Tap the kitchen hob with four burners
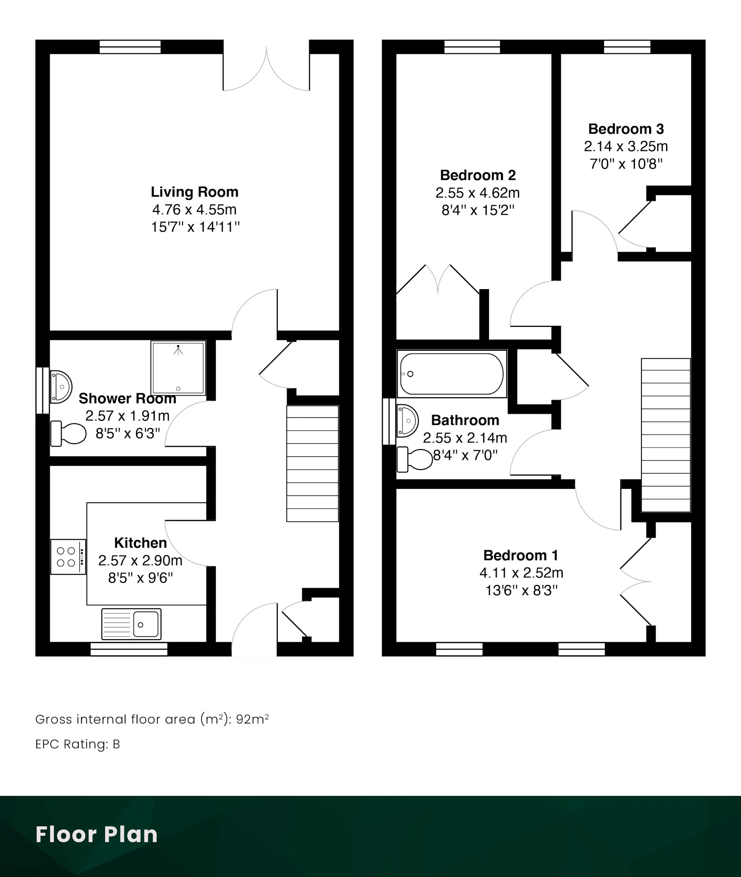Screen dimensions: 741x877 point(68,557)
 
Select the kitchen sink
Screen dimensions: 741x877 point(131,625)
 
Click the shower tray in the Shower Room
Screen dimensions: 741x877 point(178,368)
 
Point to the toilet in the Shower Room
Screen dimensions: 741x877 point(68,433)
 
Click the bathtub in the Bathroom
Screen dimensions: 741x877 point(452,374)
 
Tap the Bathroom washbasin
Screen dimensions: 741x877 point(407,421)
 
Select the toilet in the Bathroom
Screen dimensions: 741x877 point(414,459)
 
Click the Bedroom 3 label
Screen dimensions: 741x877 point(626,129)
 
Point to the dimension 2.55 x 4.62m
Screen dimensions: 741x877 point(478,193)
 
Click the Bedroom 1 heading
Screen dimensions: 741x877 point(521,555)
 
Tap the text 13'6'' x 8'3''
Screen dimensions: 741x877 point(521,591)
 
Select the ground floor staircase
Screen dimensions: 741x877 point(313,463)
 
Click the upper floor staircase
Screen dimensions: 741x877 point(666,435)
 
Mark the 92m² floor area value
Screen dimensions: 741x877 point(252,719)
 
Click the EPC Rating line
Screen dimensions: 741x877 point(78,744)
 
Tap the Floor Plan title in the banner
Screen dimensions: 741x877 point(96,835)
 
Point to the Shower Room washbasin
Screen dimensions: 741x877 point(61,387)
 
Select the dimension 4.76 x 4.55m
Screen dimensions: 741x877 point(195,209)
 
